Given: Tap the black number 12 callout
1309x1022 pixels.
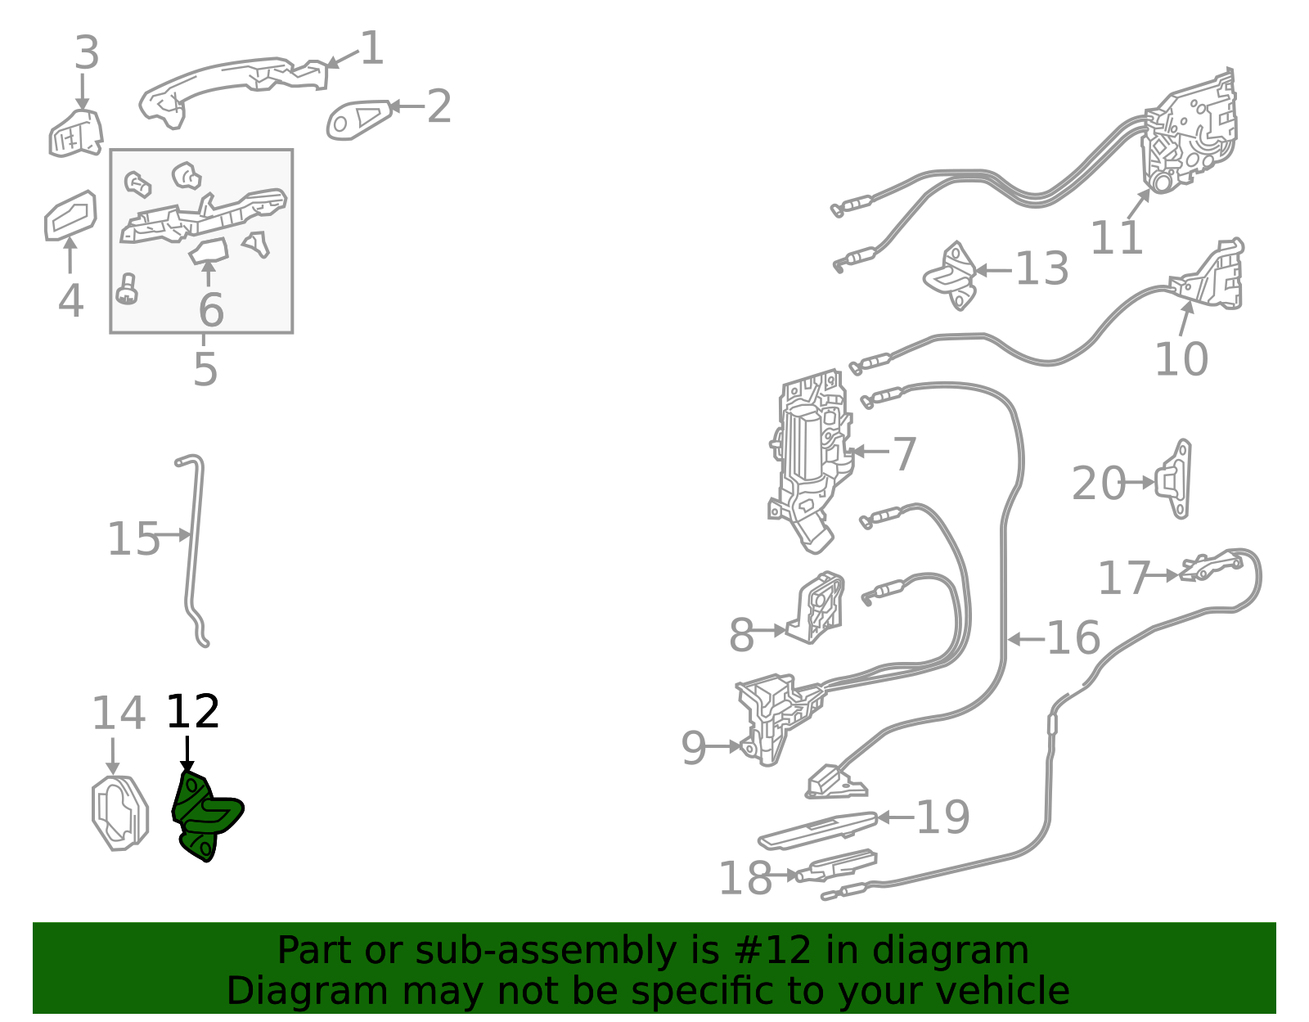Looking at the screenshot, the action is (193, 711).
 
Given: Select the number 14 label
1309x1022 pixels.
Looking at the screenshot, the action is (118, 713).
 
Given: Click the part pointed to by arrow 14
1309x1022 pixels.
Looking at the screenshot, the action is (119, 813).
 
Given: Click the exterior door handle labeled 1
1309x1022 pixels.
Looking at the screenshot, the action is (235, 90).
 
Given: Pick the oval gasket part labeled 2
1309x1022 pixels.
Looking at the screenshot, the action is (359, 119).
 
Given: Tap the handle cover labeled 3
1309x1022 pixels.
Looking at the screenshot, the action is (76, 133).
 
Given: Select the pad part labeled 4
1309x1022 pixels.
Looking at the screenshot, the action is (70, 215).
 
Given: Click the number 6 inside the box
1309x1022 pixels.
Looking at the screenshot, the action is (211, 309).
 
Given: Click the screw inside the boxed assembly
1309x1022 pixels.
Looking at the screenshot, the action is (127, 290).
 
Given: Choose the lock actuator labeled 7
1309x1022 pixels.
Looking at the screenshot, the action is (810, 461).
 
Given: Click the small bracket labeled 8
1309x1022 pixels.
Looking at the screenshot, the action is (816, 607).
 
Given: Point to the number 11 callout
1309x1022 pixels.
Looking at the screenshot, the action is (1116, 238).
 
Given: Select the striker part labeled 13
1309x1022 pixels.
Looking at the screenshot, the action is (951, 277).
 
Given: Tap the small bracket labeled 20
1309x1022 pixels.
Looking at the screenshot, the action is (1173, 479).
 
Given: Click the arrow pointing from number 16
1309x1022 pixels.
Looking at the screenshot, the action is (1027, 639).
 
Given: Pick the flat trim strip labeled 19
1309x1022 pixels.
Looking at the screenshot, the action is (817, 831).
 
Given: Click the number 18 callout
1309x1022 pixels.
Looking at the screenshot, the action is (745, 877).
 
